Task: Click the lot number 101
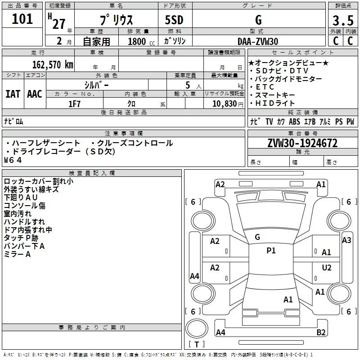click(22, 19)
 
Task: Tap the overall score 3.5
click(343, 20)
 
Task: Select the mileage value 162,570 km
click(53, 65)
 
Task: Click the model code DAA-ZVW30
click(258, 41)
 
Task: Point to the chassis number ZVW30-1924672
click(302, 143)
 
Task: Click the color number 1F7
click(74, 104)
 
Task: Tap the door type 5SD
click(174, 20)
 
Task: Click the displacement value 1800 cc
click(141, 41)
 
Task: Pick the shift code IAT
click(13, 94)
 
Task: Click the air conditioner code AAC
click(35, 94)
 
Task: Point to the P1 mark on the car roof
click(271, 251)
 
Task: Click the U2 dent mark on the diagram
click(327, 267)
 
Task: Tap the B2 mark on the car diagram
click(321, 332)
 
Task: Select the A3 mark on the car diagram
click(346, 240)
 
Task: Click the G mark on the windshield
click(257, 237)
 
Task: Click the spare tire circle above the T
click(197, 328)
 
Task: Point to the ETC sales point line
click(262, 87)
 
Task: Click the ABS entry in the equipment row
click(294, 121)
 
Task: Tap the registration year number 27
click(59, 24)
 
